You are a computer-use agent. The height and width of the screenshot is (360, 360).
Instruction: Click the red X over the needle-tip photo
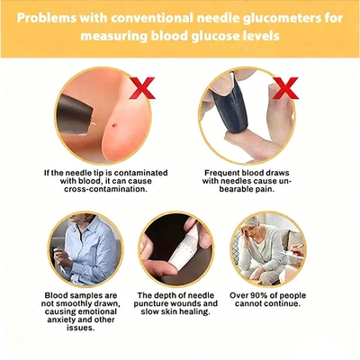click(142, 88)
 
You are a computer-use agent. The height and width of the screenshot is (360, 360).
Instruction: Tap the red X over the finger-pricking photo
click(285, 88)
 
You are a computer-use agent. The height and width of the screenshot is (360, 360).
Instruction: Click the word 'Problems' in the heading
click(47, 18)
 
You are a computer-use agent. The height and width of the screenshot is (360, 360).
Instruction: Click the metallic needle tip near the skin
click(93, 123)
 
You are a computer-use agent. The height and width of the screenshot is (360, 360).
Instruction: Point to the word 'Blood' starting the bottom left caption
click(57, 295)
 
